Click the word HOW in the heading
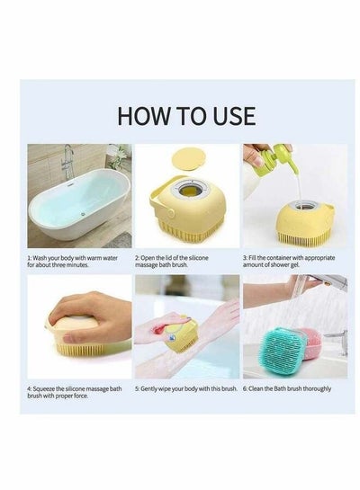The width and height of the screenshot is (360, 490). point(142,116)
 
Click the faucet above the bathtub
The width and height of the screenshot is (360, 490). point(67,161)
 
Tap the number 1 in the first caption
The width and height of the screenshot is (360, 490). point(29,258)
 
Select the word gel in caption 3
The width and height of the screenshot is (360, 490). point(294,264)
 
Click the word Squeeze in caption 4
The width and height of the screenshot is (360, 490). point(44,389)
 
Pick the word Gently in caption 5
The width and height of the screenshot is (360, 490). point(148,389)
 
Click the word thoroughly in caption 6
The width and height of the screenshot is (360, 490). point(317,389)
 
